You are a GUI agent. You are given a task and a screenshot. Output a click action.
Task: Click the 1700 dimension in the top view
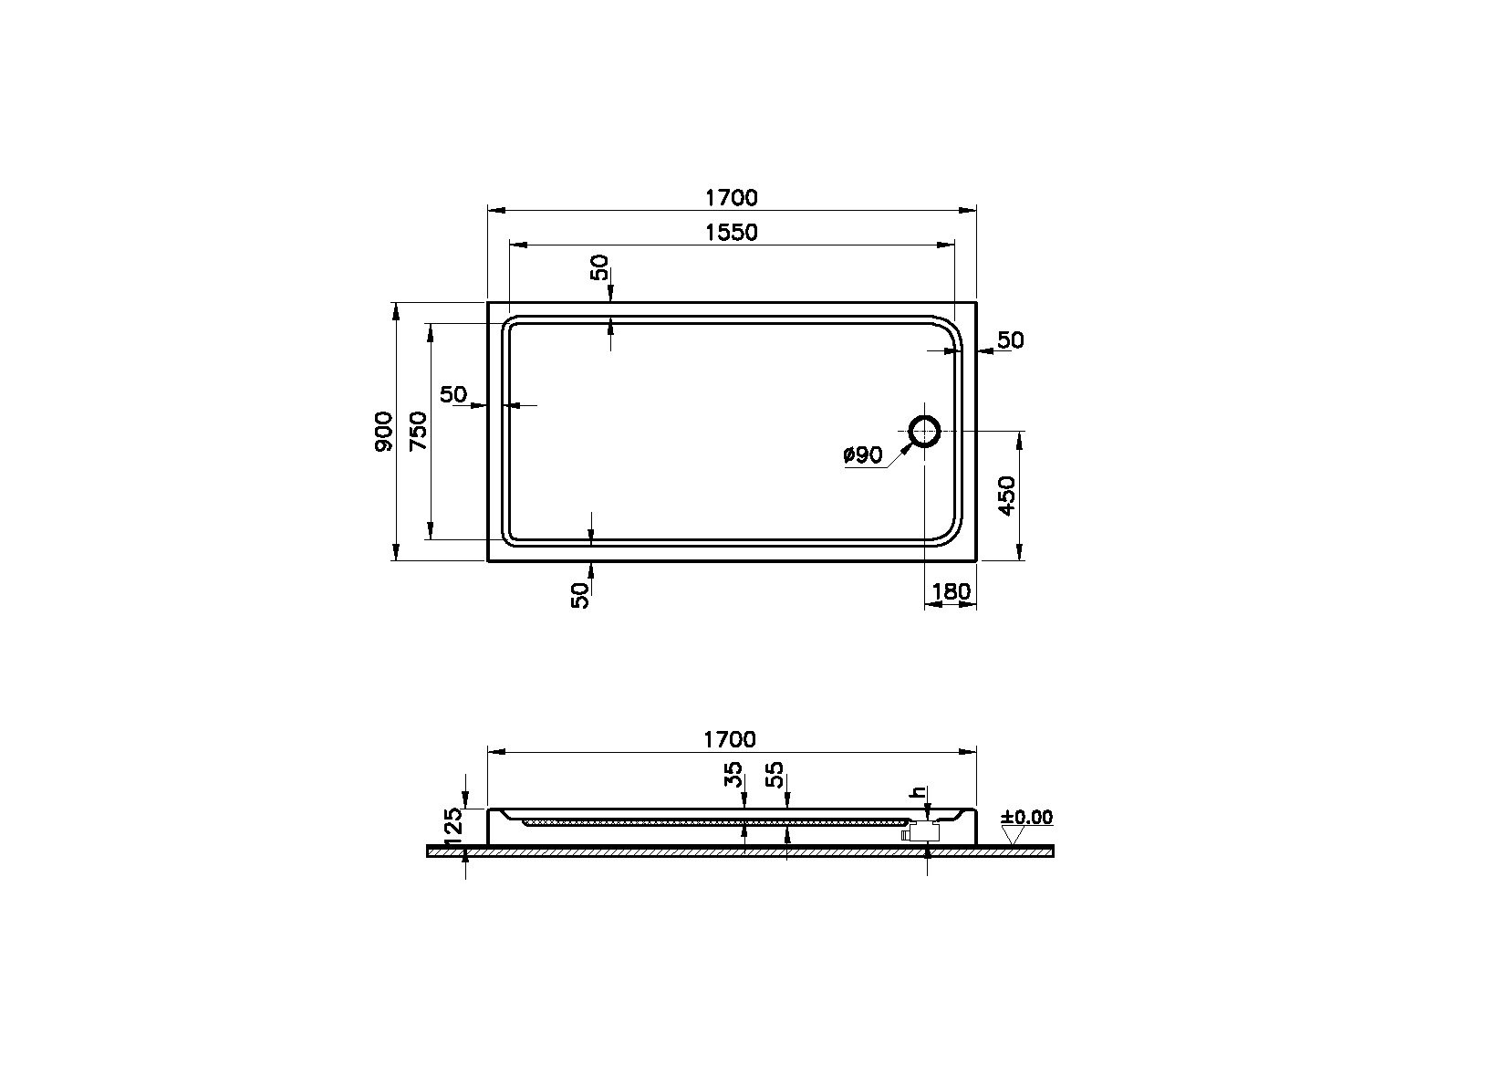click(731, 197)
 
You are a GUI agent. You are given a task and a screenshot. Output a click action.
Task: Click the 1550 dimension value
click(731, 233)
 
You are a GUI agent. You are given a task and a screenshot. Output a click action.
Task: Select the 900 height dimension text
click(384, 431)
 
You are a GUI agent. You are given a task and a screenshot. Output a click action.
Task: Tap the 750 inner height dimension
click(418, 431)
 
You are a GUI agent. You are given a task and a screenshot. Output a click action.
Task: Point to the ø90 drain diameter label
click(863, 455)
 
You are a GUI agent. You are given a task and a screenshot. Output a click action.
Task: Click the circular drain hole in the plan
click(925, 430)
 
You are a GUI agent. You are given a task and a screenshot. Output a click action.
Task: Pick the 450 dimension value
click(1007, 496)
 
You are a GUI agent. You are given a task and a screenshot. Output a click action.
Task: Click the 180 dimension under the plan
click(952, 592)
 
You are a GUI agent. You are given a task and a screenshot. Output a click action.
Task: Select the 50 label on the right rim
click(1010, 340)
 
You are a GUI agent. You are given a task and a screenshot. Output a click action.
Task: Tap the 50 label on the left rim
click(453, 394)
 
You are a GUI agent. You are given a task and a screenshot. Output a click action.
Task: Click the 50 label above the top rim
click(599, 267)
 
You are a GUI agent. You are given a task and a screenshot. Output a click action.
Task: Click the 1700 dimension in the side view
click(731, 739)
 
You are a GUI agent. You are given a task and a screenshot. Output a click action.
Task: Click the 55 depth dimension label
click(775, 776)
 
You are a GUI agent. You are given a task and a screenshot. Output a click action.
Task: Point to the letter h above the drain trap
click(920, 792)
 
